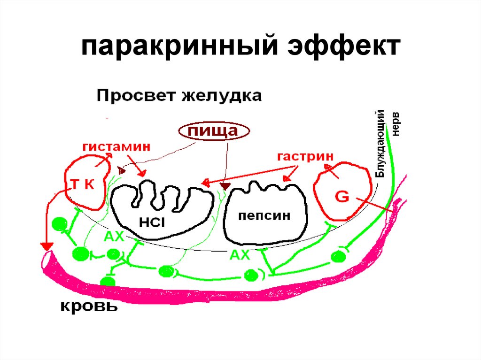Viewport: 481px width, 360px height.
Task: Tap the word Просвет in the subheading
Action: click(x=132, y=97)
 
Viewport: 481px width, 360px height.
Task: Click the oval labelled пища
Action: click(x=213, y=131)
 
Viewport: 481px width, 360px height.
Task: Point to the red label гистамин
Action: click(x=117, y=146)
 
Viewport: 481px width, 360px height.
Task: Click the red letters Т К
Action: click(x=83, y=184)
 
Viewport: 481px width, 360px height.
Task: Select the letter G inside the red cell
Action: click(x=341, y=197)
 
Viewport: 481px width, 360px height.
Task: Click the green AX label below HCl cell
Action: click(x=114, y=237)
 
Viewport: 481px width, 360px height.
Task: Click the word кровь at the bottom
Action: click(x=88, y=307)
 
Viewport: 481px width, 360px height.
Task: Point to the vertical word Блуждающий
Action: click(x=381, y=143)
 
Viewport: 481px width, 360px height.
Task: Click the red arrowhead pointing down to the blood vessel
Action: click(x=46, y=246)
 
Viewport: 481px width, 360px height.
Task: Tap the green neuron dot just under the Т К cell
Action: click(x=60, y=224)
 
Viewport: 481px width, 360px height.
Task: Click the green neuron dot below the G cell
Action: click(x=338, y=257)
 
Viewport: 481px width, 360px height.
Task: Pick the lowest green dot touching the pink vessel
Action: click(x=108, y=282)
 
